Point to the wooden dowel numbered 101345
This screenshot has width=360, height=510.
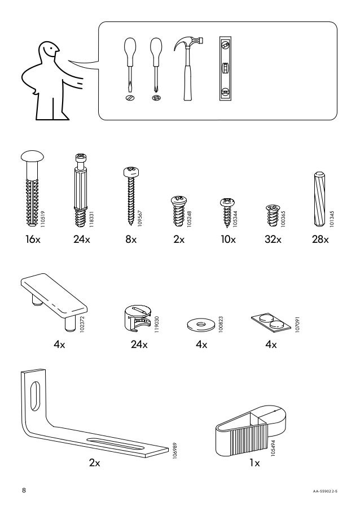point(318,197)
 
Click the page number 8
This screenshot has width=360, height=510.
point(24,490)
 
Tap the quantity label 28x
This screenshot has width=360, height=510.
point(320,239)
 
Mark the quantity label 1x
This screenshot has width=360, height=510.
point(254,464)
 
